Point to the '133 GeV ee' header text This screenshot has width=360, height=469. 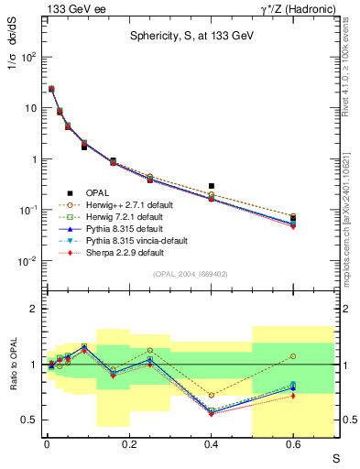point(69,8)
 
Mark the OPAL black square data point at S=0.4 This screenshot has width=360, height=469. point(212,186)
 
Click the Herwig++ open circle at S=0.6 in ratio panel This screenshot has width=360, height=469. point(293,356)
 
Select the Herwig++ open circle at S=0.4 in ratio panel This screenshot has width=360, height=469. point(212,395)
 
